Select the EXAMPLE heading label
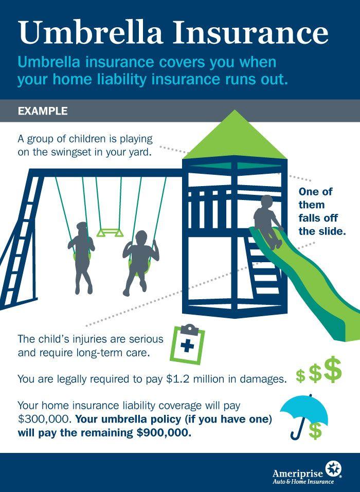[x=43, y=111]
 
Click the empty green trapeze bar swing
[x=110, y=233]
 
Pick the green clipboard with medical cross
[x=187, y=343]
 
